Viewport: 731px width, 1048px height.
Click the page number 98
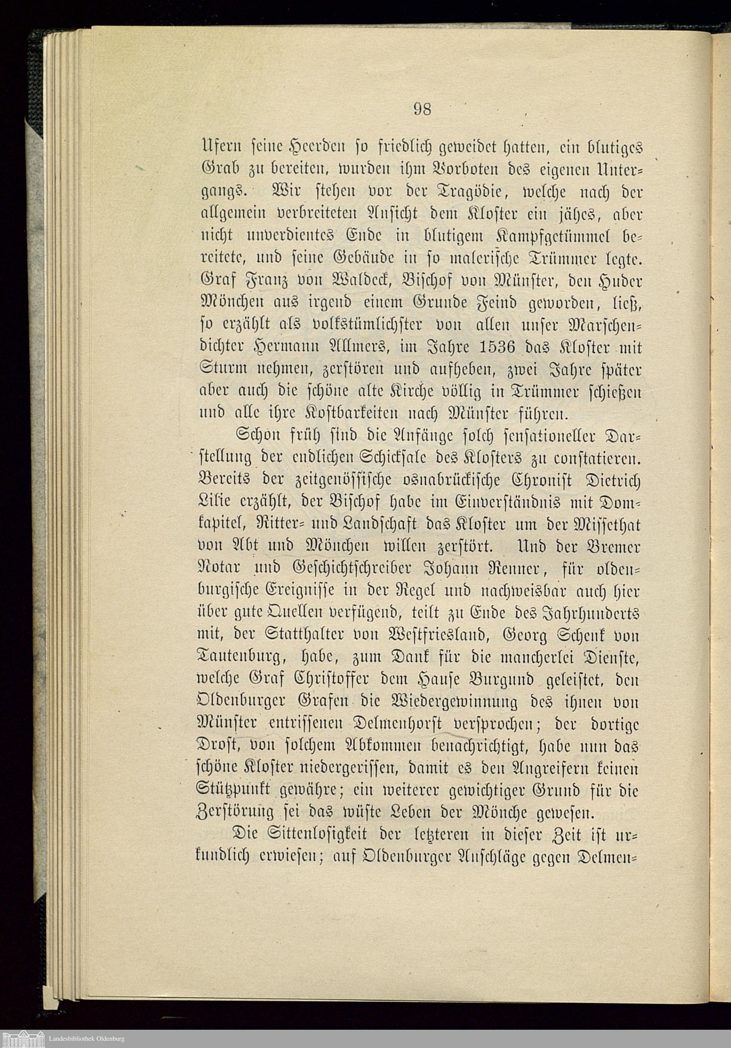(x=422, y=109)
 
